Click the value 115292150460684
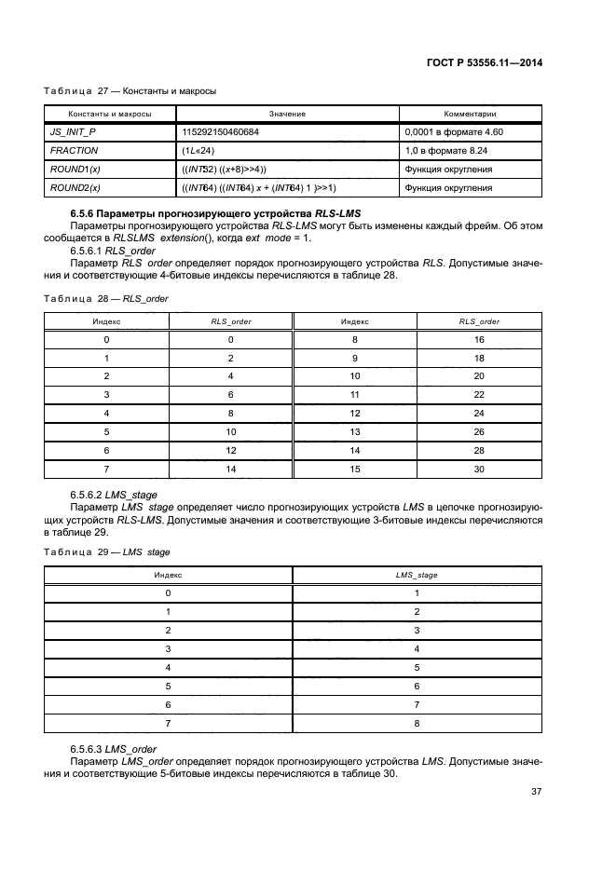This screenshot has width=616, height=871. tap(220, 132)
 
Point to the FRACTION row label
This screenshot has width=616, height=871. tap(75, 150)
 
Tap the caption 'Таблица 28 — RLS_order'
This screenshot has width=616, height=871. tap(101, 298)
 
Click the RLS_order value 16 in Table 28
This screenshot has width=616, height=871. tap(479, 340)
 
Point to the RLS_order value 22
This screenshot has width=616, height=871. tap(479, 394)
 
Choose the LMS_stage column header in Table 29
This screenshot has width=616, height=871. tap(417, 575)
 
